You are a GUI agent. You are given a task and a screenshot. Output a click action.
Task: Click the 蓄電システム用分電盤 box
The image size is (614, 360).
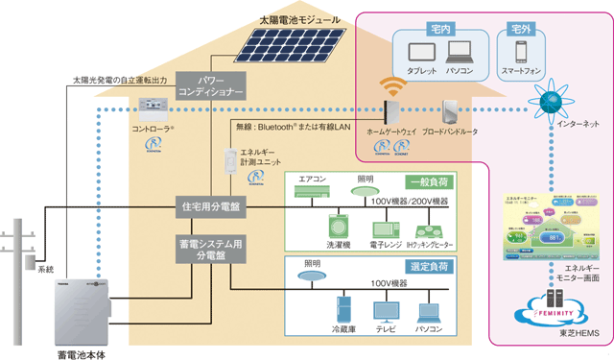coord(213,251)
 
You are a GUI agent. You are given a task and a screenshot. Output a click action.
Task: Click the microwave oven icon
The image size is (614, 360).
coord(386,229)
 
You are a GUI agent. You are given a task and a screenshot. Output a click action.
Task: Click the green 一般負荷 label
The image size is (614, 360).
coord(428,182)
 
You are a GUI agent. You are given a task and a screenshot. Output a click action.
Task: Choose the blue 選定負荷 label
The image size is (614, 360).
coord(428,266)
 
